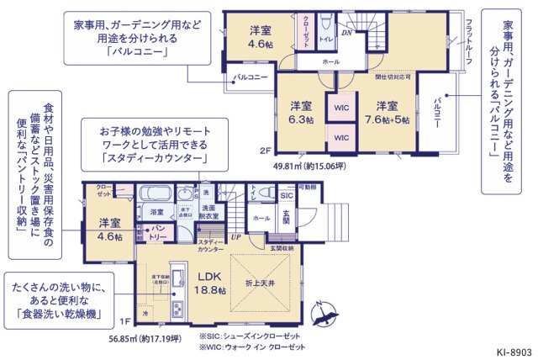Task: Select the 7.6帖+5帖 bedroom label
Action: click(x=387, y=113)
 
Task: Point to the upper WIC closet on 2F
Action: click(x=341, y=108)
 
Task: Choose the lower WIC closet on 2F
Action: click(x=341, y=137)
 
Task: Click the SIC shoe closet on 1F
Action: click(x=286, y=195)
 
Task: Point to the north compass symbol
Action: click(x=323, y=315)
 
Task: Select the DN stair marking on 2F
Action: click(x=346, y=34)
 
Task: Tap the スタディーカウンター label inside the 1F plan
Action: click(x=211, y=245)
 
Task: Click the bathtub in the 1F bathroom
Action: click(x=155, y=192)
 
